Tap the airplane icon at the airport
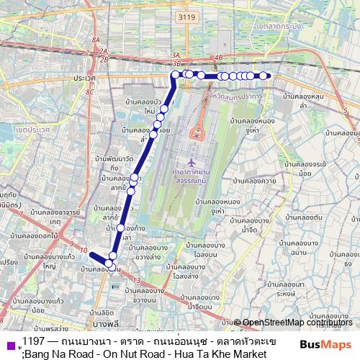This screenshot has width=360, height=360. tap(190, 162)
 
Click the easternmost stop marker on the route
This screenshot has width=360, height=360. tap(264, 76)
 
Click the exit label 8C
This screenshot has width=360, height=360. tap(89, 91)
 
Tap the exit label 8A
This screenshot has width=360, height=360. tap(96, 41)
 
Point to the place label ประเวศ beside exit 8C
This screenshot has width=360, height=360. tap(84, 78)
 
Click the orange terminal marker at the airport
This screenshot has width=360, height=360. tap(195, 135)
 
